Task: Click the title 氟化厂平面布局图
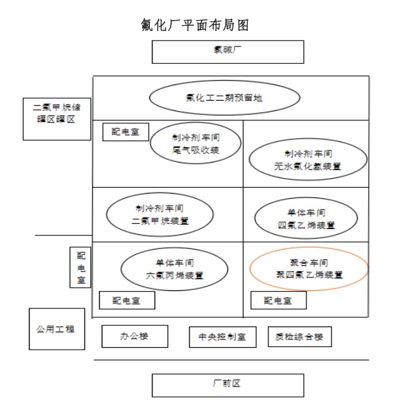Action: [195, 25]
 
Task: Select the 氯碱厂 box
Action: [227, 52]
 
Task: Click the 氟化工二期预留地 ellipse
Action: [224, 99]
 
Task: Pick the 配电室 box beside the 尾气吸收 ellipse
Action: [126, 132]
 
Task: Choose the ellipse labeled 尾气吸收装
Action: [196, 144]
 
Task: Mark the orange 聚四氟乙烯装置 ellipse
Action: [308, 269]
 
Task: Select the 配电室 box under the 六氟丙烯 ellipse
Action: [126, 300]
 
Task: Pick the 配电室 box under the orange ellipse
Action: [278, 300]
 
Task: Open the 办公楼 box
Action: [135, 336]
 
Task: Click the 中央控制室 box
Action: [223, 337]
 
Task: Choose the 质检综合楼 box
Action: [299, 337]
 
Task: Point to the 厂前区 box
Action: [227, 385]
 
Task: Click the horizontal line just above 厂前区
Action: [232, 360]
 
